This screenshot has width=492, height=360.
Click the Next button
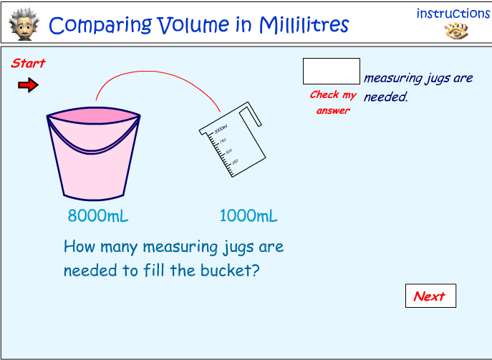pos(430,296)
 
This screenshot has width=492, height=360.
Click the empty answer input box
pos(331,72)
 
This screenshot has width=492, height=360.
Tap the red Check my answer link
pos(332,102)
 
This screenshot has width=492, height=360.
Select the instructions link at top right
pos(453,14)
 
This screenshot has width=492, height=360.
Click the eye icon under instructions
pos(455,31)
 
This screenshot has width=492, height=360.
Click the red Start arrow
pos(28,86)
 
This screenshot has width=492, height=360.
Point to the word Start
pos(28,64)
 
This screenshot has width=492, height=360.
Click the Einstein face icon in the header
pos(23,24)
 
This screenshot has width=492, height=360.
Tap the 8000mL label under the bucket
pos(98,216)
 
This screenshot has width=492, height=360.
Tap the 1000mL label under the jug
pos(248,216)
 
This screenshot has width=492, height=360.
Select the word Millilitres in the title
pos(301,26)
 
